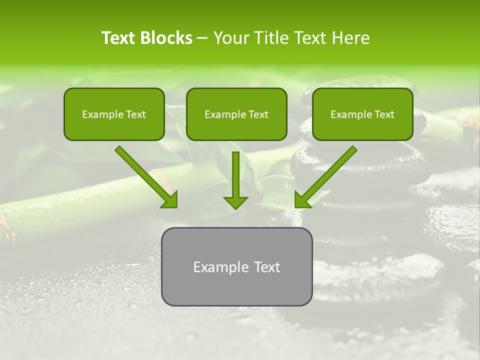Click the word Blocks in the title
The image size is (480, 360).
tap(166, 38)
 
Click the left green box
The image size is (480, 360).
tap(114, 114)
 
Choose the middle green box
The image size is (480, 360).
tap(236, 114)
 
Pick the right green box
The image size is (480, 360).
tap(362, 114)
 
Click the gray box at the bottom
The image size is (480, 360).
tap(236, 266)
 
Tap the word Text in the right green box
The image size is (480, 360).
tap(384, 114)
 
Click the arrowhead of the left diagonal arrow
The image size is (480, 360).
tap(169, 199)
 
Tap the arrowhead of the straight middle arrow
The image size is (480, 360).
tap(235, 201)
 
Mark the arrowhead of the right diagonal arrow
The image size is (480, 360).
tap(302, 199)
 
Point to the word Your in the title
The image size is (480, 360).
tap(230, 38)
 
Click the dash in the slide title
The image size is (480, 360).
tap(202, 38)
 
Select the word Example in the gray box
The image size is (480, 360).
tap(220, 267)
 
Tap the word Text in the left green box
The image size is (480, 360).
tap(136, 114)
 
